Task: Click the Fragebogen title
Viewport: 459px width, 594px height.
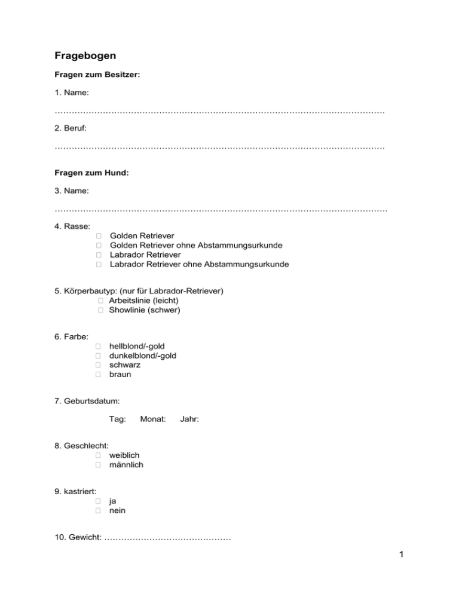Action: [85, 56]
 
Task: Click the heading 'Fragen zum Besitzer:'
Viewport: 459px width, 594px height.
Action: [97, 76]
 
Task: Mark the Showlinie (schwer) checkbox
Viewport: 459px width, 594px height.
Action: [102, 311]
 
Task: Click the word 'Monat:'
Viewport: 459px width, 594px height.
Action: [152, 420]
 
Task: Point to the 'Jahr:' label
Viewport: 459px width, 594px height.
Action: [189, 420]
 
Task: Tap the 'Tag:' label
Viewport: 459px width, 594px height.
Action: [117, 420]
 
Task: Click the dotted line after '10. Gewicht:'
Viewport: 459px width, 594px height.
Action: [167, 540]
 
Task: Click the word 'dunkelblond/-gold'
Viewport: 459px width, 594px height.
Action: [143, 356]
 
